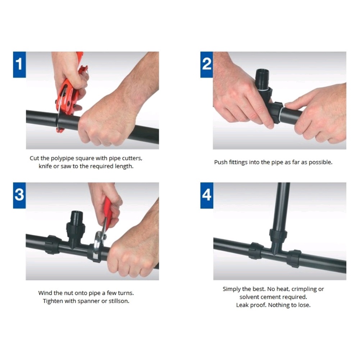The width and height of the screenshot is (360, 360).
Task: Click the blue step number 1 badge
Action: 19,64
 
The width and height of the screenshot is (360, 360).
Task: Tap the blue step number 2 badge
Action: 207,64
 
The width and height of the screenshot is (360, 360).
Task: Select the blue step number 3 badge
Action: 19,195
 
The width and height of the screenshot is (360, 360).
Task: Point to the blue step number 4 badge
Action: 207,195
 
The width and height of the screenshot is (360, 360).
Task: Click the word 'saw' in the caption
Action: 66,166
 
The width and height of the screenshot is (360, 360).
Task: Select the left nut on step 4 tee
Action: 256,251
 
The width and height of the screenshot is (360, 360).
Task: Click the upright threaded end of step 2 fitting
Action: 263,78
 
